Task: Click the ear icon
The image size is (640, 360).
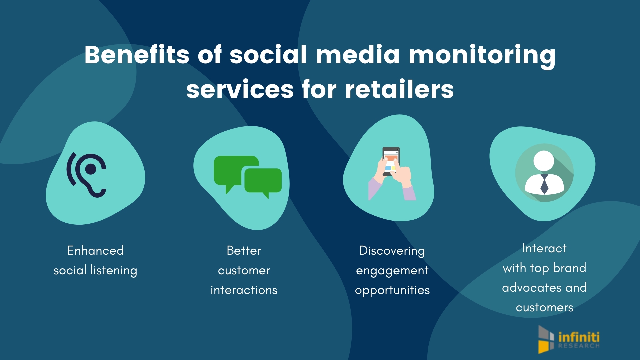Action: pos(87,175)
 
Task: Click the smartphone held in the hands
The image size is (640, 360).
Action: pos(391,161)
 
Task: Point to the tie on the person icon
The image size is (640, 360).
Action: pos(544,184)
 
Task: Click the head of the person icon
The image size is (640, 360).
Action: pos(544,161)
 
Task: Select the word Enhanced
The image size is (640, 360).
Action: pos(95,250)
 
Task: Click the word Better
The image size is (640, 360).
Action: pos(244,250)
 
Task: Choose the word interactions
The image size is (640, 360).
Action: pos(244,290)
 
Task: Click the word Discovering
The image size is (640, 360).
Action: pos(392,251)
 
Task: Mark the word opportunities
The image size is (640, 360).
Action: pos(392,290)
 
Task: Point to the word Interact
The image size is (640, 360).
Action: pos(544,248)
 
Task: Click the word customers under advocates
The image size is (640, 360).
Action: pos(544,307)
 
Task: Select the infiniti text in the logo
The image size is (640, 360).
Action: pos(579,337)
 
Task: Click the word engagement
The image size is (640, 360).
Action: pos(392,271)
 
